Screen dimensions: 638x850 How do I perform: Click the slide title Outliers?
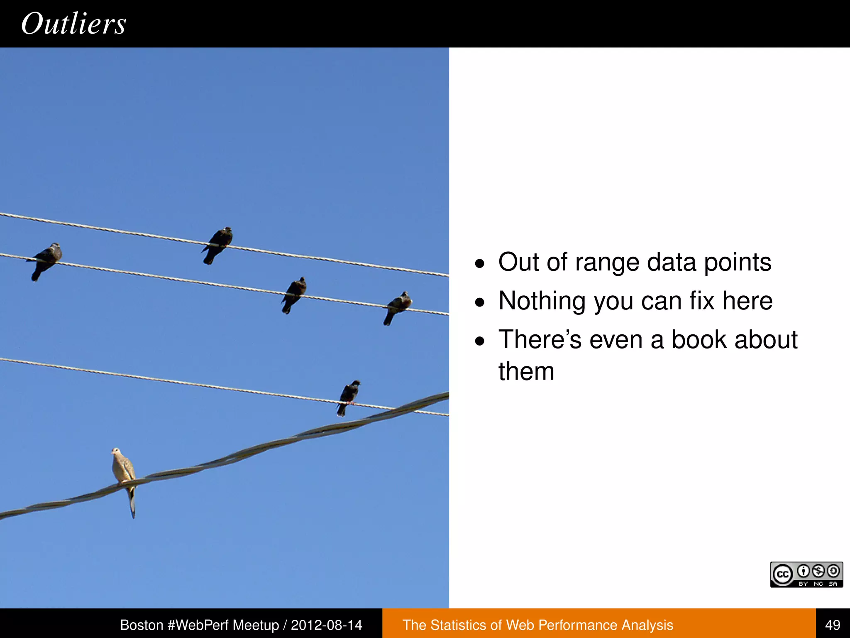point(73,24)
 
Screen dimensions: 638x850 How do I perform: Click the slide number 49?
point(833,625)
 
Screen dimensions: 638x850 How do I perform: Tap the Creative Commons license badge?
point(806,574)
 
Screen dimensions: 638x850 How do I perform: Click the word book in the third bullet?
point(699,340)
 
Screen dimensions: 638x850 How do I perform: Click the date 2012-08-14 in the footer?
point(326,625)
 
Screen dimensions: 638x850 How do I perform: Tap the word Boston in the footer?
point(142,625)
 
